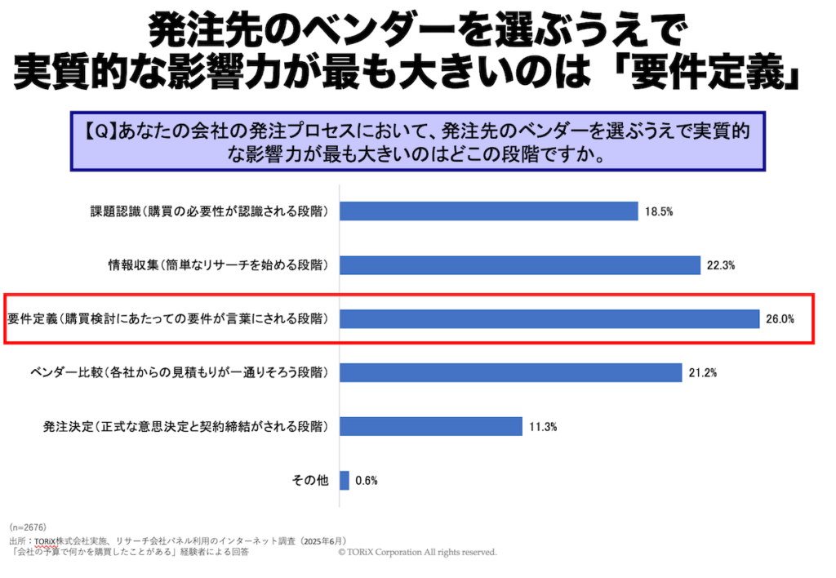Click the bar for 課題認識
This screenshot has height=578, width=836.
488,211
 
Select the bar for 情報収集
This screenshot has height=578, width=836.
519,265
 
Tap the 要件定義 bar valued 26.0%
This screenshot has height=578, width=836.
549,318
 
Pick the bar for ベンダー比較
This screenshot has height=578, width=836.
510,373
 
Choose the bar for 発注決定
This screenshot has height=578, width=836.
430,427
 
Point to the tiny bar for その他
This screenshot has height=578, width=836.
345,481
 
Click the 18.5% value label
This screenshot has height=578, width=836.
659,212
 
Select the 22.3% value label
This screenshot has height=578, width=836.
722,265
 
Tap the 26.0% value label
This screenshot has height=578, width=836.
780,319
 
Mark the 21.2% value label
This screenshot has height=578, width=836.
702,373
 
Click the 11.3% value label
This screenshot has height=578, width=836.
542,427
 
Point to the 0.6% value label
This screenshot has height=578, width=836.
367,481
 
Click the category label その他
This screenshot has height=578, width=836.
310,481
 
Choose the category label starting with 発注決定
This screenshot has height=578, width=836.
186,427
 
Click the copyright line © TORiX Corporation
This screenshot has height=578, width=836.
417,553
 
